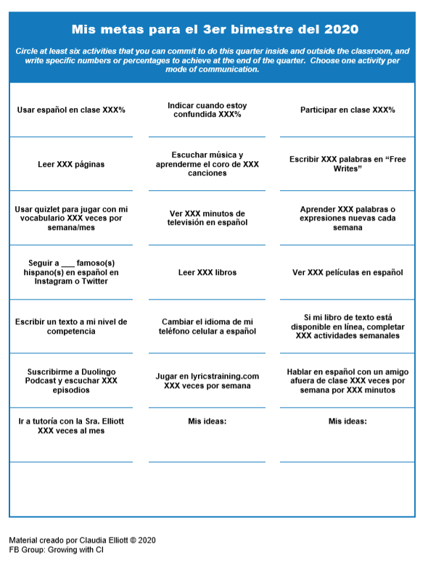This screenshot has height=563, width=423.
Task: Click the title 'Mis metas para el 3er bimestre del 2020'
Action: pyautogui.click(x=215, y=30)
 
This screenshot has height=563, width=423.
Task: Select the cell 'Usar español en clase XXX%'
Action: pyautogui.click(x=71, y=110)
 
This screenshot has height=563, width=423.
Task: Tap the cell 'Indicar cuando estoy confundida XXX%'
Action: pyautogui.click(x=207, y=110)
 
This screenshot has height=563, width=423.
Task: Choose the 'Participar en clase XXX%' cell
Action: pyautogui.click(x=348, y=110)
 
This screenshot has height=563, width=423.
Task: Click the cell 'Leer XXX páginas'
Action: pyautogui.click(x=71, y=165)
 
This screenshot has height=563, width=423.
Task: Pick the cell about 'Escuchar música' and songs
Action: pyautogui.click(x=207, y=164)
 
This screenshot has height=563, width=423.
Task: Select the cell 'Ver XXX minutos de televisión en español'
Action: pyautogui.click(x=207, y=218)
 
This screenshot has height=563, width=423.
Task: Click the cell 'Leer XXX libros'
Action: pyautogui.click(x=207, y=273)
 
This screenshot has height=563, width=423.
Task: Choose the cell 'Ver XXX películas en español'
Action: pyautogui.click(x=348, y=273)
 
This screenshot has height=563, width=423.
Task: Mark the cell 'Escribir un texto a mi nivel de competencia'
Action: pyautogui.click(x=71, y=326)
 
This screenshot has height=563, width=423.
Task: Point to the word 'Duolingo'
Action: pyautogui.click(x=97, y=371)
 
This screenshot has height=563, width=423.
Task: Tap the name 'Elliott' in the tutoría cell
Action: pyautogui.click(x=110, y=421)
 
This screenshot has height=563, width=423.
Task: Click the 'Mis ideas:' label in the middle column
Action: pyautogui.click(x=207, y=421)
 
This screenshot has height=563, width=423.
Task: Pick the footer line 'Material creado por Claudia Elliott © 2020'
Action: pyautogui.click(x=82, y=541)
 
